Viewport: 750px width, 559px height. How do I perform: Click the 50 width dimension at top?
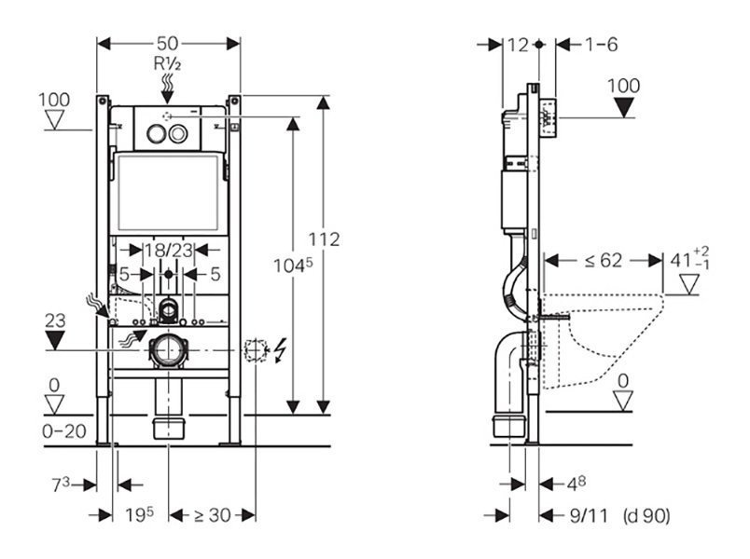[167, 44]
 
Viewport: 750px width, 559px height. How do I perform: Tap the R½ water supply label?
[167, 63]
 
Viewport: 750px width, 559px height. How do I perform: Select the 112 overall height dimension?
[324, 239]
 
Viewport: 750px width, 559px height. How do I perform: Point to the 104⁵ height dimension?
[293, 266]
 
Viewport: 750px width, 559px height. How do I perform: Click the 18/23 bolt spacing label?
[168, 250]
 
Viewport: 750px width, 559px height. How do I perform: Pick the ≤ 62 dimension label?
[604, 260]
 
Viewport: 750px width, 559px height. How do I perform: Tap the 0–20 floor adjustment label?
[64, 431]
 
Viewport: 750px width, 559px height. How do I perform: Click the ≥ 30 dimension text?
[213, 515]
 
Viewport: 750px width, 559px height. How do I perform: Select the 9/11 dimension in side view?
[589, 515]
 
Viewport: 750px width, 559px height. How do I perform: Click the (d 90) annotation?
[646, 515]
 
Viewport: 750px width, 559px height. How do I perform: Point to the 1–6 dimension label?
[602, 45]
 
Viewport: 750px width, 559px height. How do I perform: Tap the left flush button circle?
[157, 134]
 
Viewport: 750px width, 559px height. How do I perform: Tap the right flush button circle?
[178, 134]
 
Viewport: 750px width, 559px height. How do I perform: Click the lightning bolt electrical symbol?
[281, 350]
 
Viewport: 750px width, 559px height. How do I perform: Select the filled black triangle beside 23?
[54, 341]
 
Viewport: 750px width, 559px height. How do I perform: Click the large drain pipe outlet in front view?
[168, 351]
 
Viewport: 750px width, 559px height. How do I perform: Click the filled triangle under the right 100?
[624, 107]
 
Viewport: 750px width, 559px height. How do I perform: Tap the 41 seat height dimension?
[689, 260]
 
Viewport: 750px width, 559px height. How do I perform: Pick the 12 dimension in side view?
[518, 45]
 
